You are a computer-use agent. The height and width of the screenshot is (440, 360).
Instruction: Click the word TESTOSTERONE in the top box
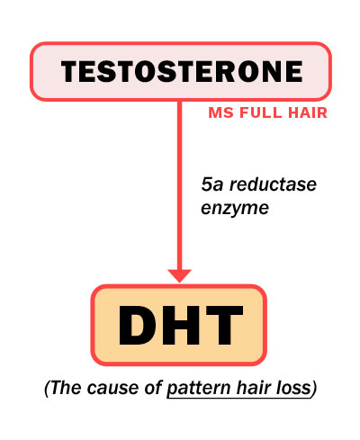(x=182, y=71)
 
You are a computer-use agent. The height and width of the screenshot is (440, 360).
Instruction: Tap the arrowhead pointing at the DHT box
(x=179, y=275)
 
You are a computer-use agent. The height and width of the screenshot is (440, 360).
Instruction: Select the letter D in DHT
(x=136, y=325)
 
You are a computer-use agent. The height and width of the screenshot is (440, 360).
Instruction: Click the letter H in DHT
(x=178, y=325)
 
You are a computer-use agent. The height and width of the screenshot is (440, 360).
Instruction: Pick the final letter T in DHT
(x=222, y=325)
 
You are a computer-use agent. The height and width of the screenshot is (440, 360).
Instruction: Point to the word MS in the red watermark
(x=220, y=112)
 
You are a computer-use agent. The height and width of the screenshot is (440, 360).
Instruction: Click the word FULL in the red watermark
(x=261, y=112)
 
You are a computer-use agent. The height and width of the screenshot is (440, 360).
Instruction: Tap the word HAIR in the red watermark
(x=308, y=112)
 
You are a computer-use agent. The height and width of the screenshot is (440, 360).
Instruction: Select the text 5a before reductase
(x=212, y=184)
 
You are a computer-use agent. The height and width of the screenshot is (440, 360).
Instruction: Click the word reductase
(x=273, y=184)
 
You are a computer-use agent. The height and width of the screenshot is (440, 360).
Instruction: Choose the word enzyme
(x=235, y=209)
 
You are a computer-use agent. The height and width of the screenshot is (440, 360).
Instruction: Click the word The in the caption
(x=66, y=388)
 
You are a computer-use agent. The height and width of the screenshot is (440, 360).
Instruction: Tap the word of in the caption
(x=154, y=388)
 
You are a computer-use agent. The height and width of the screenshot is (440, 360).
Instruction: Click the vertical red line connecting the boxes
(x=179, y=185)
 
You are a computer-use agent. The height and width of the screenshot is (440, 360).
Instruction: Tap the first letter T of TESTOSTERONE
(x=71, y=71)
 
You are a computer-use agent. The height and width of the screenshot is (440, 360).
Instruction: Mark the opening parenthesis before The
(x=47, y=389)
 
